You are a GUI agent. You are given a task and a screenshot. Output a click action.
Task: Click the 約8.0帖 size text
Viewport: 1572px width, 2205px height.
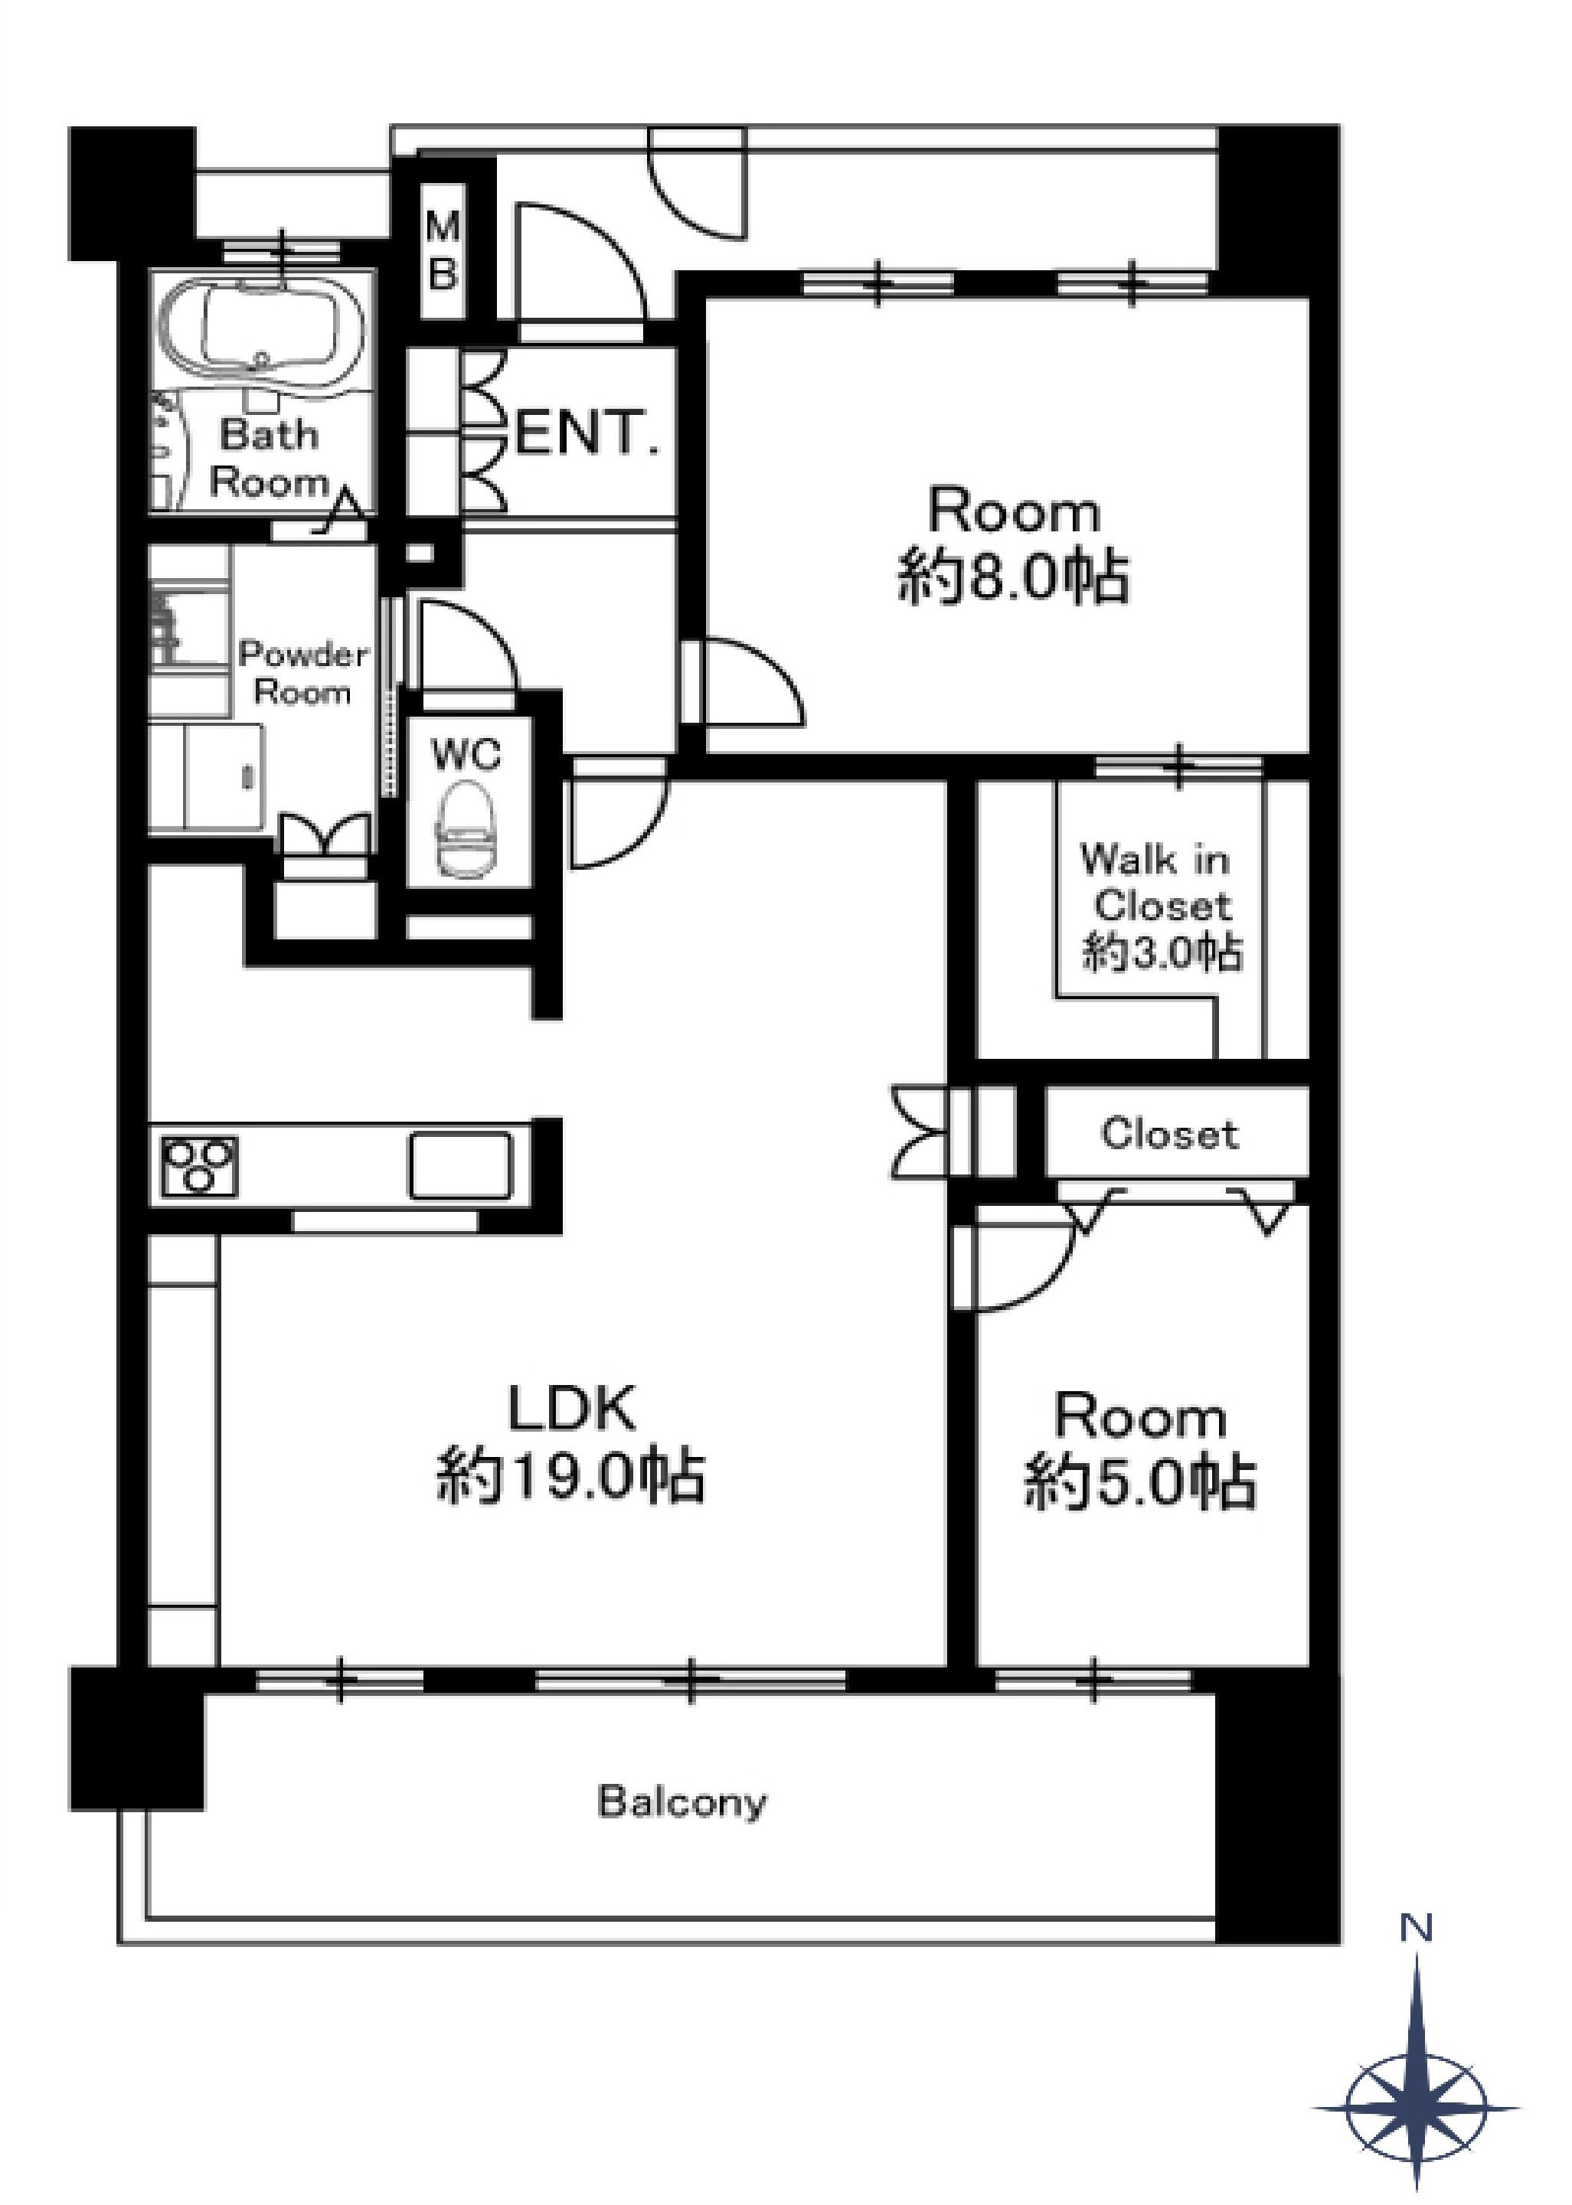pyautogui.click(x=1014, y=578)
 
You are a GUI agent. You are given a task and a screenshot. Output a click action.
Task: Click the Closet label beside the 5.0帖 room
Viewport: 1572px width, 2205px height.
pyautogui.click(x=1169, y=1133)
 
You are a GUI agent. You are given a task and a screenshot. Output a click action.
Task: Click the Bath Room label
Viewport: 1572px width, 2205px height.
pyautogui.click(x=269, y=458)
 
